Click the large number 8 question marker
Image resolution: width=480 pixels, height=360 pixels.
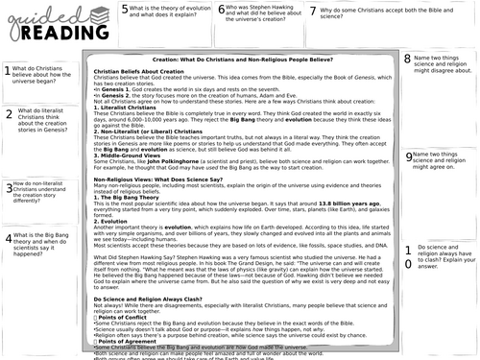tap(408, 60)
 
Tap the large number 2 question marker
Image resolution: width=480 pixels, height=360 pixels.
tap(8, 118)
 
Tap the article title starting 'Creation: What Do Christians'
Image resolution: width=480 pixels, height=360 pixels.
tap(248, 60)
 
